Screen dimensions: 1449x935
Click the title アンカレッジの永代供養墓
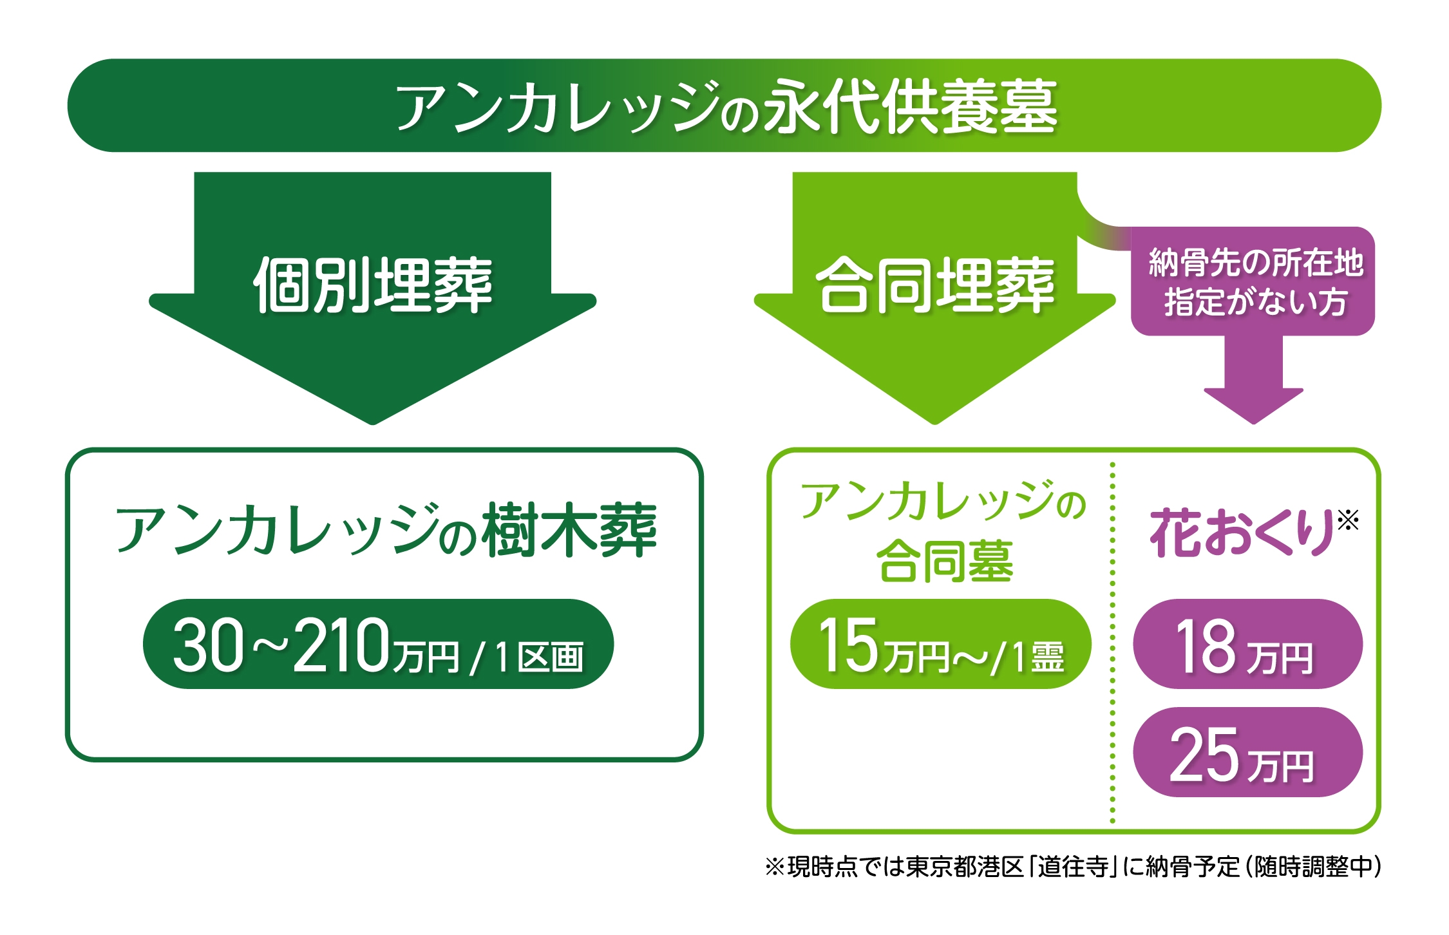tap(726, 106)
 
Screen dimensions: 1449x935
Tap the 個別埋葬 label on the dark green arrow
tap(373, 285)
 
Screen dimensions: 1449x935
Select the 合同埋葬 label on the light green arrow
tap(935, 285)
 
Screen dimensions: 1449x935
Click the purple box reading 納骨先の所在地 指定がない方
tap(1253, 281)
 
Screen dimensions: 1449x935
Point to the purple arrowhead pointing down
tap(1254, 406)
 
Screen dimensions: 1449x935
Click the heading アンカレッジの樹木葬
tap(386, 530)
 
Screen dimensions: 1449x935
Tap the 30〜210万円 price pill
tap(378, 644)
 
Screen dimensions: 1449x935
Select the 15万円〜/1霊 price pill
tap(941, 644)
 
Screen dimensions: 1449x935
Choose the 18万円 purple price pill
tap(1248, 644)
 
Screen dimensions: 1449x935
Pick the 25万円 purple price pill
tap(1248, 752)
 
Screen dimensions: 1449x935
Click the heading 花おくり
tap(1242, 532)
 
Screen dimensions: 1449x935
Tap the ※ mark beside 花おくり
tap(1348, 520)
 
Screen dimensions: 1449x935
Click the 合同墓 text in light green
tap(945, 562)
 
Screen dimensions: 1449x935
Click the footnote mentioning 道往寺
tap(1073, 867)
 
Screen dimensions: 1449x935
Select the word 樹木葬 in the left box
tap(571, 530)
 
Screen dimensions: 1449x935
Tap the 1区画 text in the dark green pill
tap(540, 657)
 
